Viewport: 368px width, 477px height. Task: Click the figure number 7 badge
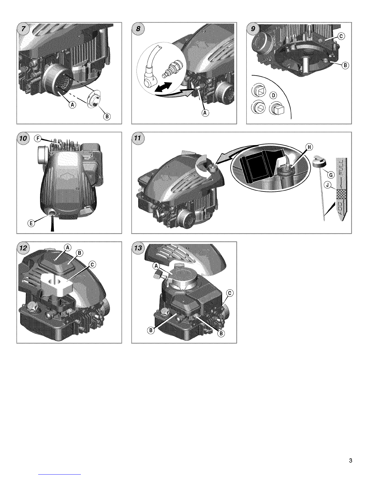(23, 29)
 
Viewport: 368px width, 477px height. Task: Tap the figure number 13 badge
(138, 248)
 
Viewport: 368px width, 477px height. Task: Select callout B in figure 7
(107, 116)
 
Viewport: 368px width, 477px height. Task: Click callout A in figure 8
(205, 113)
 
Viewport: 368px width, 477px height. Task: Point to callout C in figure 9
(341, 36)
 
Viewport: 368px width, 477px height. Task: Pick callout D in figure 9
(273, 95)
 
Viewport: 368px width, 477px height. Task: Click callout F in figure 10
(38, 139)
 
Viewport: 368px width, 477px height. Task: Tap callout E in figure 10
(31, 223)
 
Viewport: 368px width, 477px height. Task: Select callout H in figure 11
(309, 147)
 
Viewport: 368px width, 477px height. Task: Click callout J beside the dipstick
(327, 185)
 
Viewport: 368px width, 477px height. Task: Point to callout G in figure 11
(331, 175)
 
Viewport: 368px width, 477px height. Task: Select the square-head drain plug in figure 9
(278, 108)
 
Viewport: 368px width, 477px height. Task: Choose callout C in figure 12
(92, 265)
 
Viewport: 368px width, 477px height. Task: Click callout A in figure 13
(156, 266)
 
